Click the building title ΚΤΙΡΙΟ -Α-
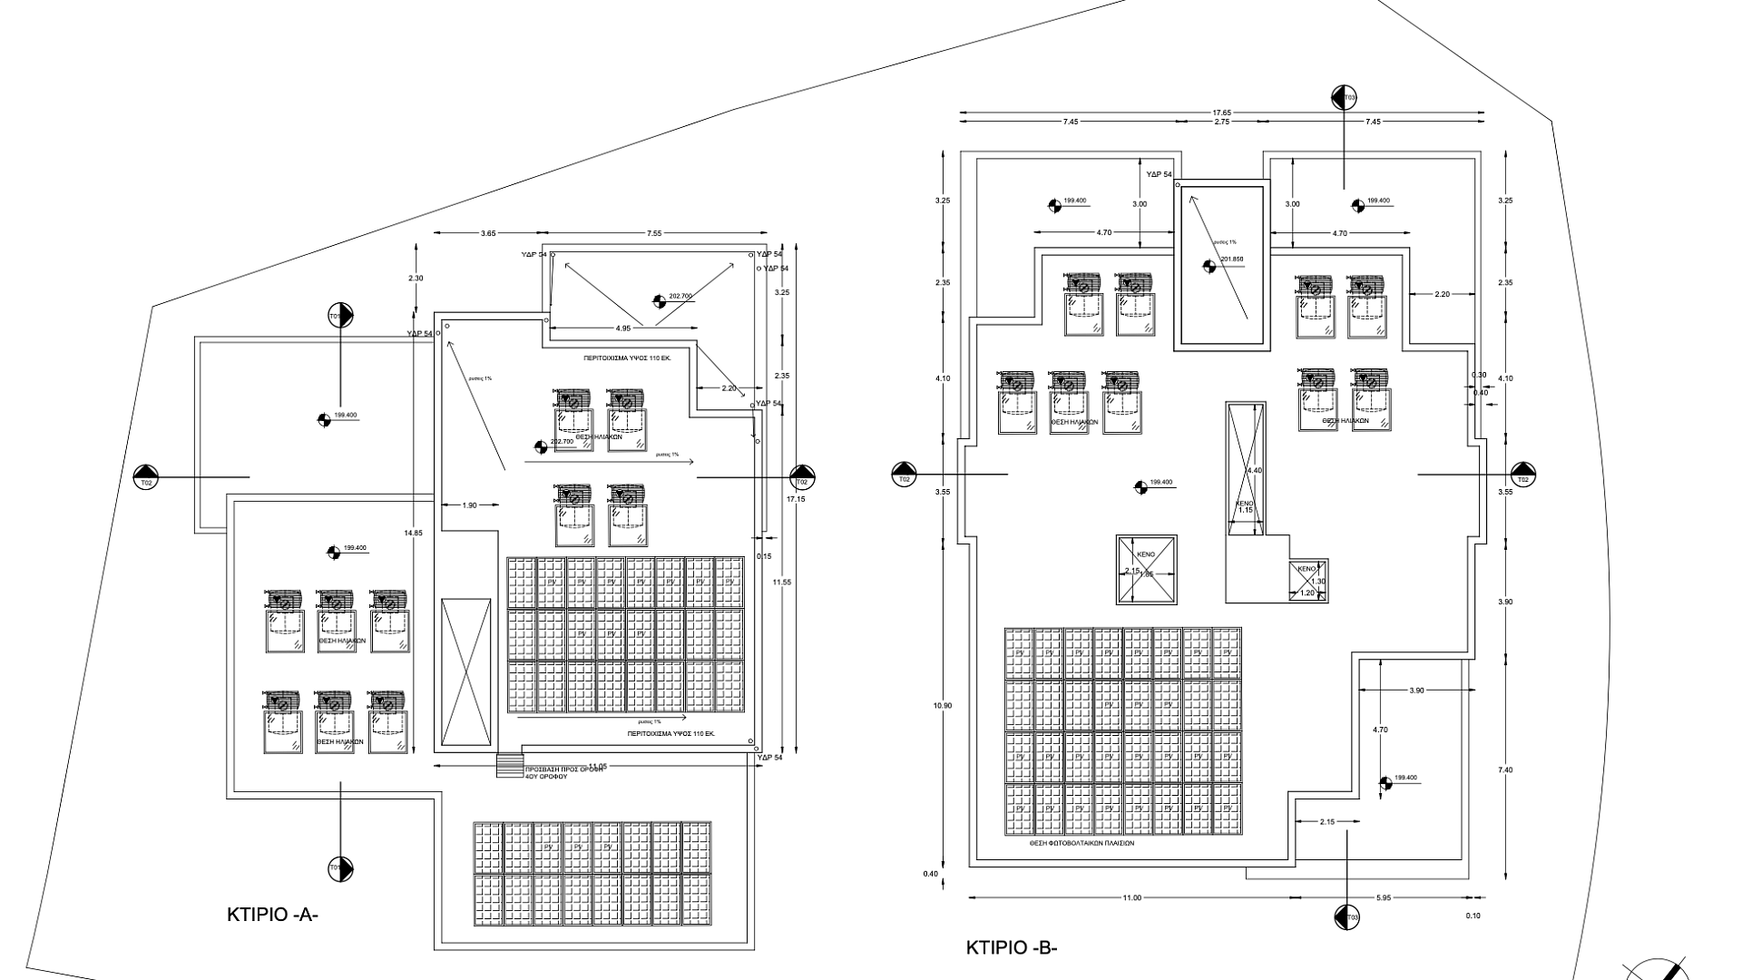tap(272, 915)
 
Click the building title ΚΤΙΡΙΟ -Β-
tap(1012, 948)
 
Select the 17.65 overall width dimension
tap(1221, 113)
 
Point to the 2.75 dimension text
tap(1221, 122)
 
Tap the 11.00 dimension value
tap(1131, 898)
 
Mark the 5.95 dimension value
tap(1383, 898)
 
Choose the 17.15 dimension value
tap(796, 500)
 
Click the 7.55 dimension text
tap(654, 234)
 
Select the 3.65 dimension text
tap(488, 234)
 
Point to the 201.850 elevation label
tap(1232, 260)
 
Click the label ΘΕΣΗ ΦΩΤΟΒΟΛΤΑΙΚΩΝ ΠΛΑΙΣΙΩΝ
tap(1081, 843)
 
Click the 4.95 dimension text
tap(623, 328)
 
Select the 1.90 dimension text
tap(469, 505)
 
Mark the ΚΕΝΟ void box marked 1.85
tap(1146, 569)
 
